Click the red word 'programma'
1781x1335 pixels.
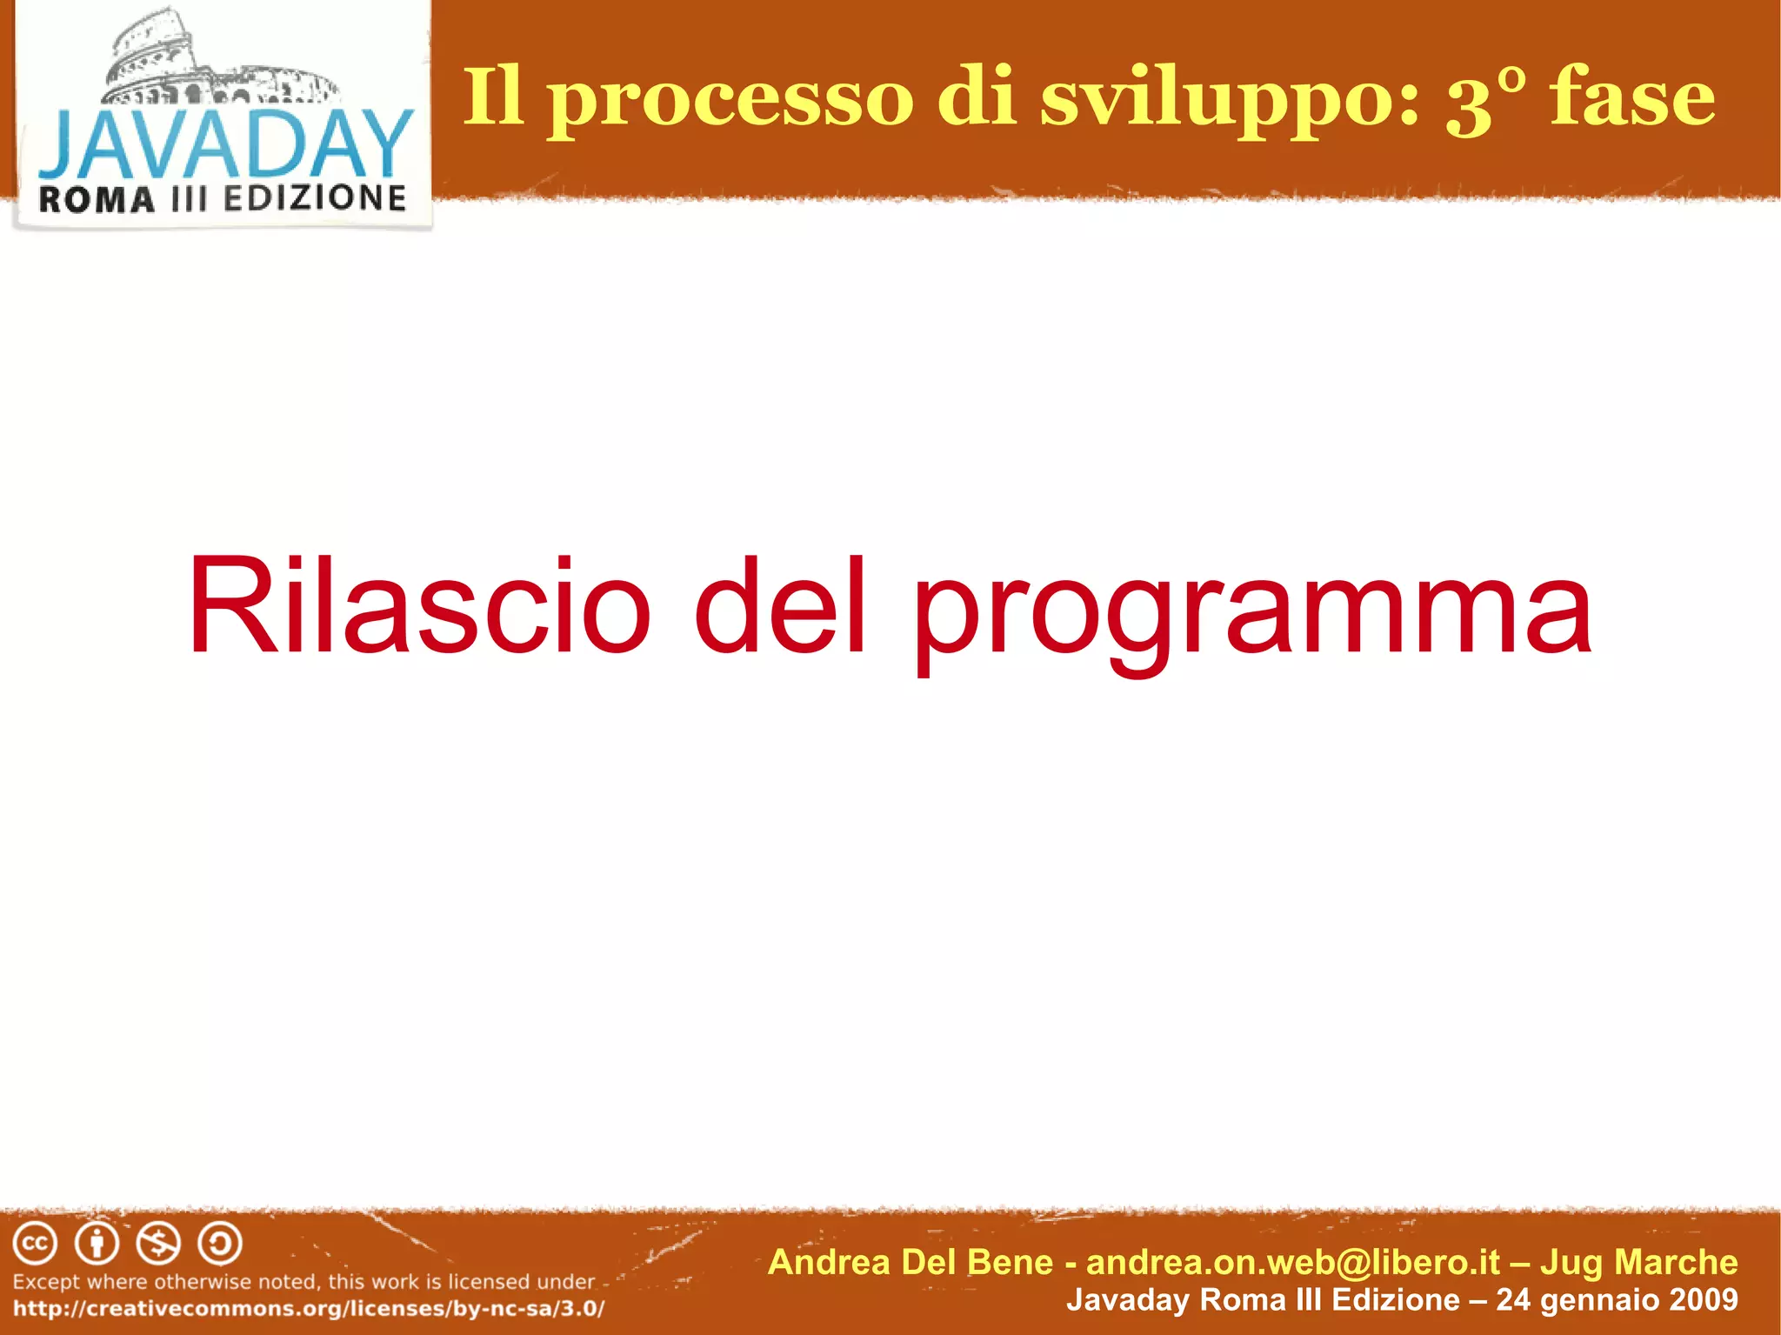click(1252, 613)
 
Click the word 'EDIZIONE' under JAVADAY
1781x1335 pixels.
click(315, 198)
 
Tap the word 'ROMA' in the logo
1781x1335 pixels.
click(97, 200)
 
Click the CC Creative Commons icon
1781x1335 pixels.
click(35, 1244)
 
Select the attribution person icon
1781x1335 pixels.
click(97, 1244)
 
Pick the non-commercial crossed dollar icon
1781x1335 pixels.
click(158, 1244)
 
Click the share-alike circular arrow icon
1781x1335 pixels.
click(220, 1244)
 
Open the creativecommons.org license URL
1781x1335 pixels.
click(309, 1309)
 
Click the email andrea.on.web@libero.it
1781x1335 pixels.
click(1293, 1262)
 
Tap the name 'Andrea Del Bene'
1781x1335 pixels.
click(911, 1262)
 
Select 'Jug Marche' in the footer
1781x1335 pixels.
click(1638, 1262)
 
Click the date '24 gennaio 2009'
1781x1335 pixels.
click(1617, 1299)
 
